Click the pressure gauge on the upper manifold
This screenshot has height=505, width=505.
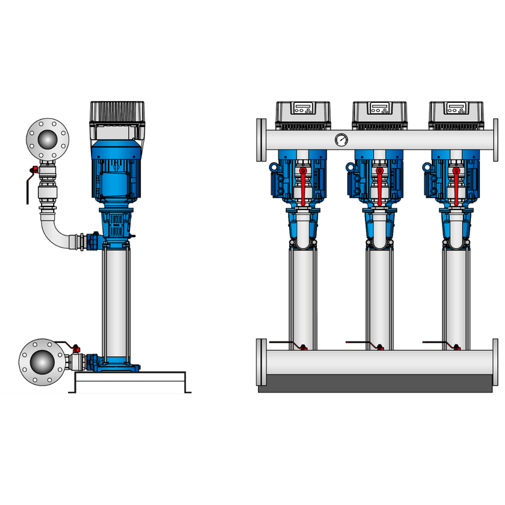342,140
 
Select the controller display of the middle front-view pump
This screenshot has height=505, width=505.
378,108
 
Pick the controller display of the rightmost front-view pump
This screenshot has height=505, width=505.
455,108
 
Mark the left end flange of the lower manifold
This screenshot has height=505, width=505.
261,362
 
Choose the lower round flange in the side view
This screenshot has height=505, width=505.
41,363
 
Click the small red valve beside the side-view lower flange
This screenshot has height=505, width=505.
76,349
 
